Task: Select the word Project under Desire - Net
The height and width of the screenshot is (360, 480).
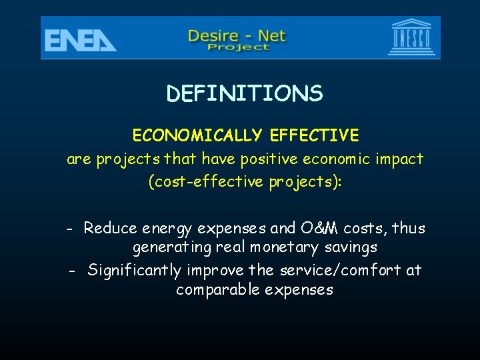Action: click(238, 47)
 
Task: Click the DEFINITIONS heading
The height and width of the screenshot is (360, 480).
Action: click(245, 94)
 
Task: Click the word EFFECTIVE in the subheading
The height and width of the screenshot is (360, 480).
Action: click(315, 136)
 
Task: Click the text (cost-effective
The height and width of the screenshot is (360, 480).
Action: click(207, 182)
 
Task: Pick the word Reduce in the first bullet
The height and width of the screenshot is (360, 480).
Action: click(111, 228)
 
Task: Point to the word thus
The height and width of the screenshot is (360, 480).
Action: click(408, 228)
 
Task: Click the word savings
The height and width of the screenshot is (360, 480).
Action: click(352, 248)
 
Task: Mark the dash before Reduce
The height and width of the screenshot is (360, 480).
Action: click(70, 229)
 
